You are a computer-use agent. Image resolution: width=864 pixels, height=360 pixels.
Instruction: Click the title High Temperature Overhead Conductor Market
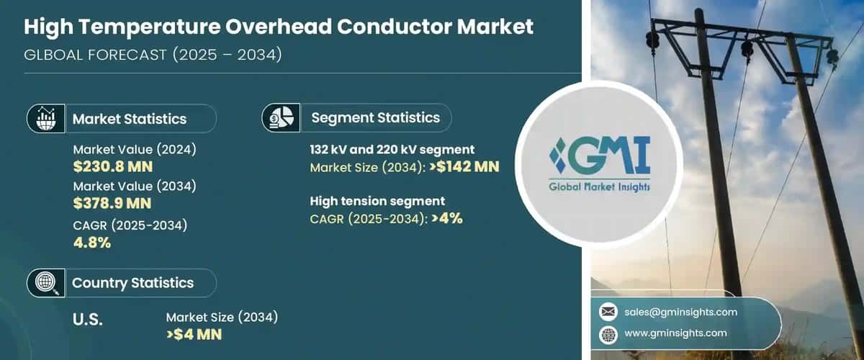279,28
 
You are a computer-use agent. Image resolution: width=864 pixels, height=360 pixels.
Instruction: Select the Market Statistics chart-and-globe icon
45,118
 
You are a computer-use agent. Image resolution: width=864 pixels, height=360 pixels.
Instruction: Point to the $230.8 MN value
113,168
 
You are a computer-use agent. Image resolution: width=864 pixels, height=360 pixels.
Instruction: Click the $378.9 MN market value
113,204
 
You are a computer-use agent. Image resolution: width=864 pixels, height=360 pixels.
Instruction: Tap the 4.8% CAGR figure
92,243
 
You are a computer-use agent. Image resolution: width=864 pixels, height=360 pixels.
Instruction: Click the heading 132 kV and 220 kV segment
392,150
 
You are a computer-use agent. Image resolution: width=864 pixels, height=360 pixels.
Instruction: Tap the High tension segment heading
377,201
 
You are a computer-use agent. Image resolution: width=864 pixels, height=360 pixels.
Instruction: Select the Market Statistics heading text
130,119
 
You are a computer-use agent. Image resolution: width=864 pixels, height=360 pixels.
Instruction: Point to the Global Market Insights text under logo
599,187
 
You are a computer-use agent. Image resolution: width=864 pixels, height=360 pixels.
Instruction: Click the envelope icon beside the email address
608,312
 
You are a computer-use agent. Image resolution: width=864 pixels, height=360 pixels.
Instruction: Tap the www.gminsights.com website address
675,333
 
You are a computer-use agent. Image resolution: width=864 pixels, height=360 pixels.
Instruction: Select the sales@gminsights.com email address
680,312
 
